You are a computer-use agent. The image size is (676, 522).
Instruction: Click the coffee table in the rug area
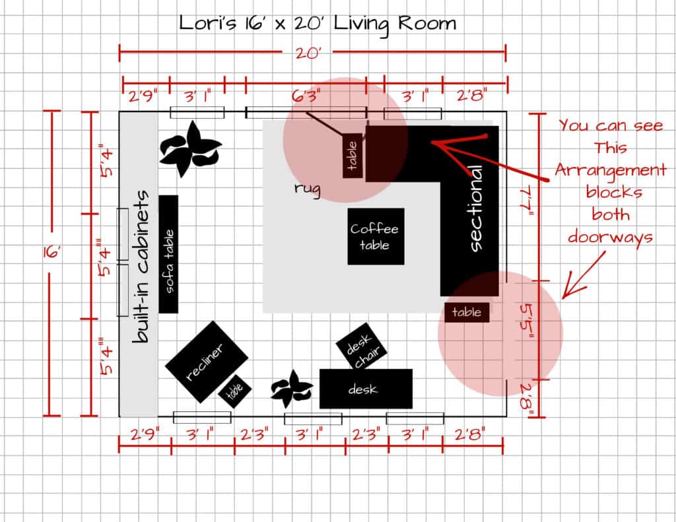click(x=376, y=236)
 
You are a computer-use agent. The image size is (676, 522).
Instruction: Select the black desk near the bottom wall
click(x=366, y=389)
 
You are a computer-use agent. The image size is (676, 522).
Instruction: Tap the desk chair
click(x=361, y=346)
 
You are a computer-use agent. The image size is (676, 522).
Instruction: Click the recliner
click(x=207, y=362)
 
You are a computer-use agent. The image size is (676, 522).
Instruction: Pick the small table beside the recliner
click(x=234, y=390)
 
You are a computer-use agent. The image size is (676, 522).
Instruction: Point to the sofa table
click(x=168, y=254)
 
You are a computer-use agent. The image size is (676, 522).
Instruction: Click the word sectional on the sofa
click(x=475, y=209)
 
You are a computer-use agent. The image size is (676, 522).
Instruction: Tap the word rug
click(x=308, y=189)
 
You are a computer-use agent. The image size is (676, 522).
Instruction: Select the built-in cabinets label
click(x=140, y=267)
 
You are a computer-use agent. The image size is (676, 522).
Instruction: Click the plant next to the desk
click(x=291, y=389)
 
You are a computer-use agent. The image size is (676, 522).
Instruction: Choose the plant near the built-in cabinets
click(x=190, y=148)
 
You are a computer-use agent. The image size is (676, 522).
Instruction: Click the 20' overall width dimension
click(x=308, y=53)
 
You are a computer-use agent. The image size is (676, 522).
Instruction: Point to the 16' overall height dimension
click(x=51, y=252)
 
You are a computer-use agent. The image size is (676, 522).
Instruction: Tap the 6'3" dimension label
click(x=306, y=95)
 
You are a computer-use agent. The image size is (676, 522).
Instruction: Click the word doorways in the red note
click(x=610, y=238)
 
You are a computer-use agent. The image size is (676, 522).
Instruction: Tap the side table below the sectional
click(x=467, y=312)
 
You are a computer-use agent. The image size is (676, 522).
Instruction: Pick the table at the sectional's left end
click(x=353, y=156)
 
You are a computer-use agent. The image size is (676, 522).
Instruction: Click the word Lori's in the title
click(x=208, y=23)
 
